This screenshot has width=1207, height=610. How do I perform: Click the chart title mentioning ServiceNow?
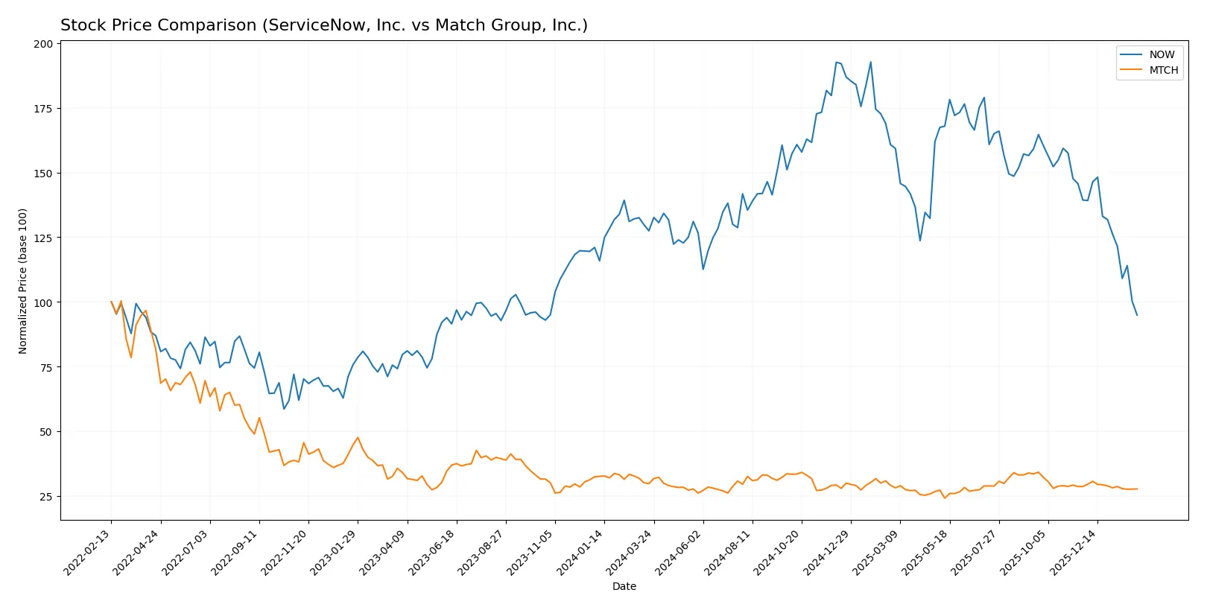tap(323, 25)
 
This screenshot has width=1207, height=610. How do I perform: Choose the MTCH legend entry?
tap(1163, 70)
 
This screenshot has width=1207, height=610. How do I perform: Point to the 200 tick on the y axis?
tap(43, 44)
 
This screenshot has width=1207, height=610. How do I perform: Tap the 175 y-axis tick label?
tap(43, 109)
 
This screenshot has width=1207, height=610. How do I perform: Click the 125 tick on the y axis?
tap(43, 238)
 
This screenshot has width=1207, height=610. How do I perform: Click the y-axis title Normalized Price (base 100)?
tap(23, 281)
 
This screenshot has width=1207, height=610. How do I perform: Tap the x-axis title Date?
tap(624, 586)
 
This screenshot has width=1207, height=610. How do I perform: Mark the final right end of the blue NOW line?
tap(1137, 315)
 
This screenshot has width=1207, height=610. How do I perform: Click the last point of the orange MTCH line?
tap(1137, 489)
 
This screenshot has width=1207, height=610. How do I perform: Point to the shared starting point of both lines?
tap(111, 302)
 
